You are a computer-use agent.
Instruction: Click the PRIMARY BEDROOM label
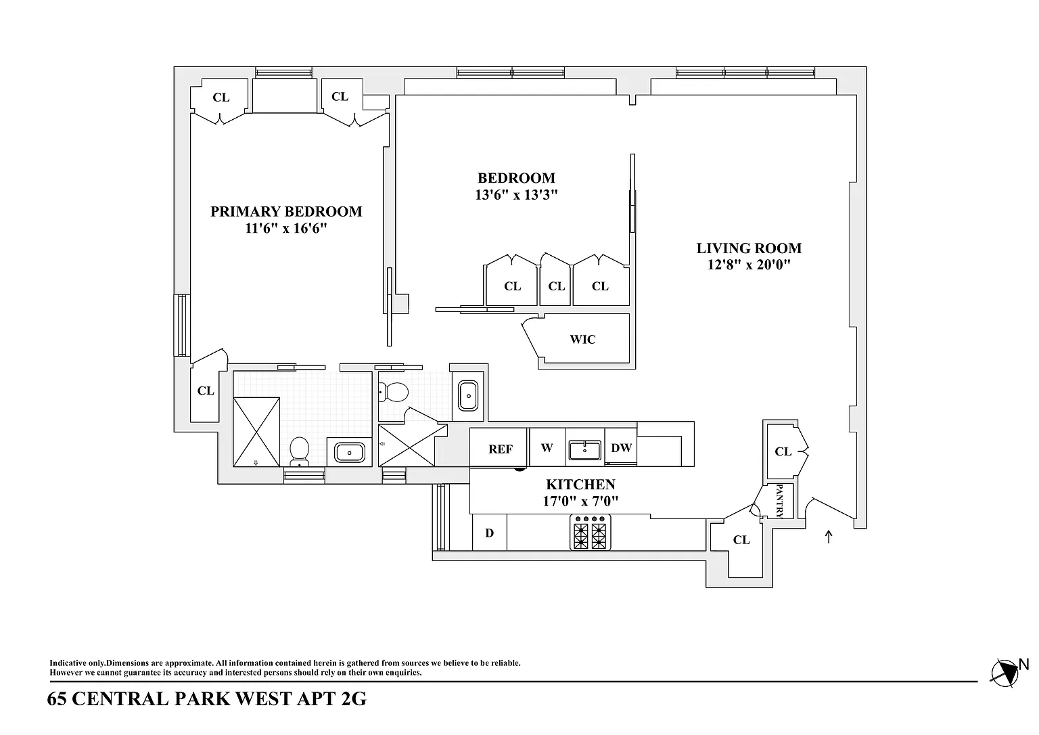point(286,212)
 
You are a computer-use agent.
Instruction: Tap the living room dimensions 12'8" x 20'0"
point(749,265)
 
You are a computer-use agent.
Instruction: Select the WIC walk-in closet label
point(582,339)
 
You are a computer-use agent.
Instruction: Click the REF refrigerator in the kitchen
point(499,447)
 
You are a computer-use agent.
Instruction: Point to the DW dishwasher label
point(621,448)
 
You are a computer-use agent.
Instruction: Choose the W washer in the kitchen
point(547,447)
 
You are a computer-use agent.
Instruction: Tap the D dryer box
point(489,532)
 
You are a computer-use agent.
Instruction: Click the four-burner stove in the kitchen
point(590,532)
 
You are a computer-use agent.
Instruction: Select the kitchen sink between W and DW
point(585,450)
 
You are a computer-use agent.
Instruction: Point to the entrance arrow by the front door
point(829,537)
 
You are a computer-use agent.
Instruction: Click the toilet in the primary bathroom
point(299,451)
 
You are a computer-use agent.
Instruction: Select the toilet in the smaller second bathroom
point(393,392)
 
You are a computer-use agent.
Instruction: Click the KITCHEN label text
point(580,485)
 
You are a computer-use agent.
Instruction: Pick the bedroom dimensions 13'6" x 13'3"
point(516,194)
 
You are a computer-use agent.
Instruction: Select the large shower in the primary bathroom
point(256,432)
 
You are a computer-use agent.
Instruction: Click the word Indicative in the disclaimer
point(68,663)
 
